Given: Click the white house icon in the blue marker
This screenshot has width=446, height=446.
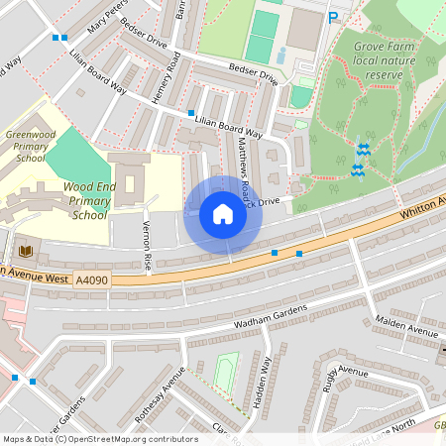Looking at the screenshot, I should pos(223,214).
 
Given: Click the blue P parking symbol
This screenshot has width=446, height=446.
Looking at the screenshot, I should pos(333,17).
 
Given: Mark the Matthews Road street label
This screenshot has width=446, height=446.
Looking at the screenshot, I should pos(244,164).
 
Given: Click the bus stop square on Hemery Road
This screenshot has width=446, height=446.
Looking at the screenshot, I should pos(190,113).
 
